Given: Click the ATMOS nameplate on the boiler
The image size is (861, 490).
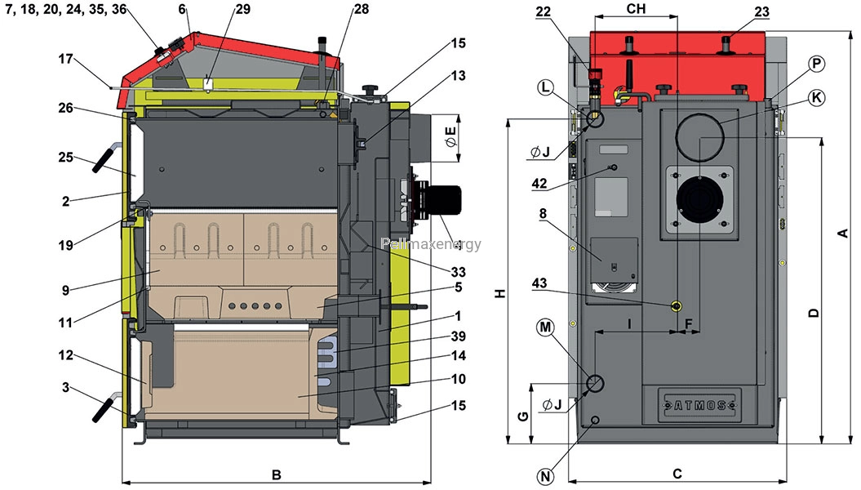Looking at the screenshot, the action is [699, 405].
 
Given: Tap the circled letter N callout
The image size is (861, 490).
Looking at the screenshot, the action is [545, 476].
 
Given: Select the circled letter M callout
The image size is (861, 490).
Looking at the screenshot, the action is [545, 327].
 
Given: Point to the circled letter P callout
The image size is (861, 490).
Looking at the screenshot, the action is [817, 64].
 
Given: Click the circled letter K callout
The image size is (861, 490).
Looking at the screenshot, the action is [817, 98].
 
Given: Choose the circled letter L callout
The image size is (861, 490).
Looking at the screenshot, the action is [545, 88].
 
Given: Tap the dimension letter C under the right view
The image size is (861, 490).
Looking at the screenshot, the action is [677, 474].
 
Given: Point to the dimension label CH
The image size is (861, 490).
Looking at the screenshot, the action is [636, 8].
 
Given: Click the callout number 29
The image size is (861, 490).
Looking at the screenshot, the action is [242, 9].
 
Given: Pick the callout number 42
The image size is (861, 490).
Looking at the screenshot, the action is [539, 183].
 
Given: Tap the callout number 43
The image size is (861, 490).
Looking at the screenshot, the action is [539, 283].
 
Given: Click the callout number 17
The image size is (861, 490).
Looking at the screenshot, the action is [66, 59].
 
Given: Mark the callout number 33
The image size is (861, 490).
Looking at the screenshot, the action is [457, 271].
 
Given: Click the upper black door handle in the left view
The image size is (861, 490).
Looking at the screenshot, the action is [105, 158].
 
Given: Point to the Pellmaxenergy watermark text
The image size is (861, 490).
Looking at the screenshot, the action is [431, 244].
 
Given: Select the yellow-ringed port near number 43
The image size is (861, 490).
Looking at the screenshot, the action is [677, 306].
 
